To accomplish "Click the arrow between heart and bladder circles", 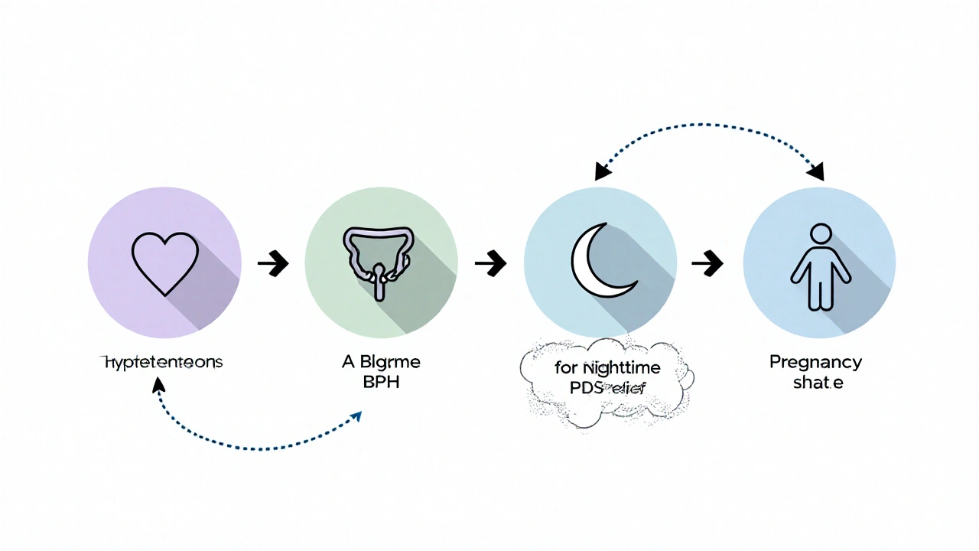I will (x=273, y=265).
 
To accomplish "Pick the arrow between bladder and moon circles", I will (x=490, y=265).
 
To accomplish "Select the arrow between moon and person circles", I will (x=707, y=265).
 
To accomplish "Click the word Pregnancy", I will (x=815, y=362).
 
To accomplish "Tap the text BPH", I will (x=381, y=383).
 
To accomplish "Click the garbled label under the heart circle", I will (x=162, y=362).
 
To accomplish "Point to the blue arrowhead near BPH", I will (x=356, y=416).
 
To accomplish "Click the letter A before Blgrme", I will (x=347, y=362).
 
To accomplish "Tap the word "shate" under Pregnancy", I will (x=817, y=383).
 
